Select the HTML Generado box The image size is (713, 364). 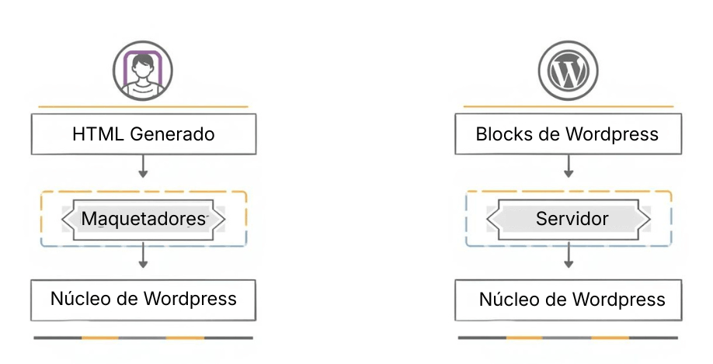[143, 134]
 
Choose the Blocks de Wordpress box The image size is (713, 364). [567, 134]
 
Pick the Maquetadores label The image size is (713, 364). [144, 220]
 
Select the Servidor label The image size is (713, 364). [572, 220]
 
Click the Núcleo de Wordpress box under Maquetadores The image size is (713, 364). [143, 299]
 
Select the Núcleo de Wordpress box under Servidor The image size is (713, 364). [572, 300]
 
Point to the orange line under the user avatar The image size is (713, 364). [143, 106]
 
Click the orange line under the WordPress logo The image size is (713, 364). [569, 106]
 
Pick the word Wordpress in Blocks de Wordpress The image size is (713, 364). [612, 134]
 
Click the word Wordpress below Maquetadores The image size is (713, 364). [191, 299]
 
